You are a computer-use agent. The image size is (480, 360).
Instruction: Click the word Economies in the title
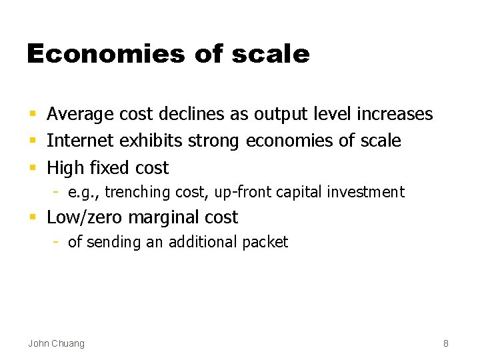click(x=105, y=54)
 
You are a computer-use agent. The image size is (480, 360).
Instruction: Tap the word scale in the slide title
click(x=271, y=54)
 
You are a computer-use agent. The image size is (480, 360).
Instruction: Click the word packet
click(x=265, y=243)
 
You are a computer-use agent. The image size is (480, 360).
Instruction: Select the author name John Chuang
click(x=57, y=343)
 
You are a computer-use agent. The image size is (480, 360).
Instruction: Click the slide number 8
click(x=446, y=343)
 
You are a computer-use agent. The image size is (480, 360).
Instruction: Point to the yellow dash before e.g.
click(x=57, y=193)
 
